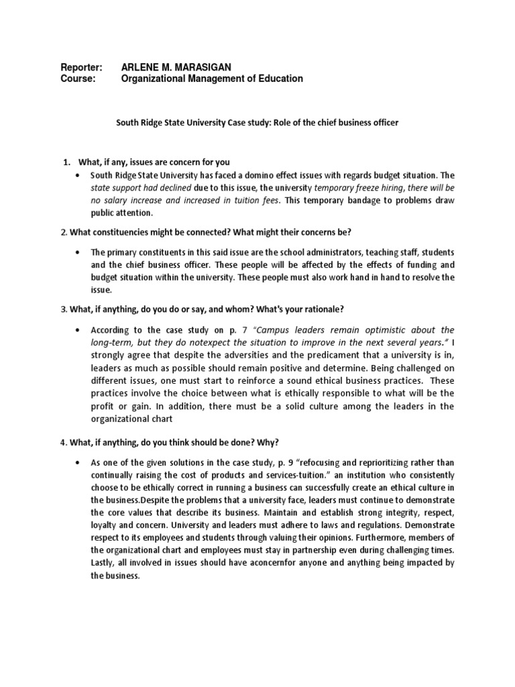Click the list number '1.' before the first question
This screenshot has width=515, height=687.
[66, 162]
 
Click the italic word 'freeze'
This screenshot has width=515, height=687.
[368, 188]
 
